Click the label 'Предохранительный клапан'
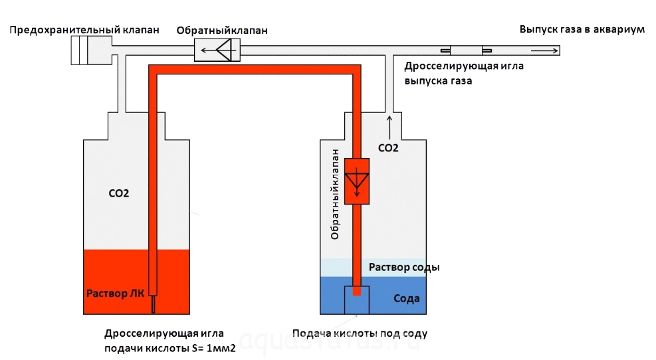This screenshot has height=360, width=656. [84, 31]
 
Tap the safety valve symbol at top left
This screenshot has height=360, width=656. [89, 50]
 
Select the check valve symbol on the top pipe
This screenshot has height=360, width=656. [217, 50]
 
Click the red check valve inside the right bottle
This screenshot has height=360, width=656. [358, 181]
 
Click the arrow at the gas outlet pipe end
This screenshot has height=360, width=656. [544, 50]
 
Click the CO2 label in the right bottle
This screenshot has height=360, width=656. [387, 149]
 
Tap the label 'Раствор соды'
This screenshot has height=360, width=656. [404, 267]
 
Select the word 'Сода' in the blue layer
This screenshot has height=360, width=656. [406, 299]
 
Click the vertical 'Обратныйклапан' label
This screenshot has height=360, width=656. [336, 194]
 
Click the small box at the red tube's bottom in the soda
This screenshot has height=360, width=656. [358, 299]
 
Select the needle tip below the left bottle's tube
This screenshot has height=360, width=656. [154, 304]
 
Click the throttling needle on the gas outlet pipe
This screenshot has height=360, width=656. [466, 50]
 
